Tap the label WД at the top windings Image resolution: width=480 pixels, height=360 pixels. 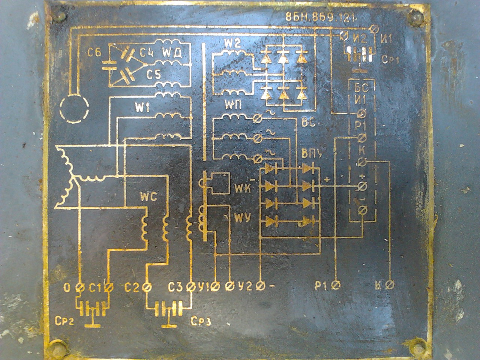click(172, 54)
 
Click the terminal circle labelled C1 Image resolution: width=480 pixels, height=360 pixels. click(109, 288)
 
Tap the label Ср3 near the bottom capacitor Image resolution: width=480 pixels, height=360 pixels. click(201, 321)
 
